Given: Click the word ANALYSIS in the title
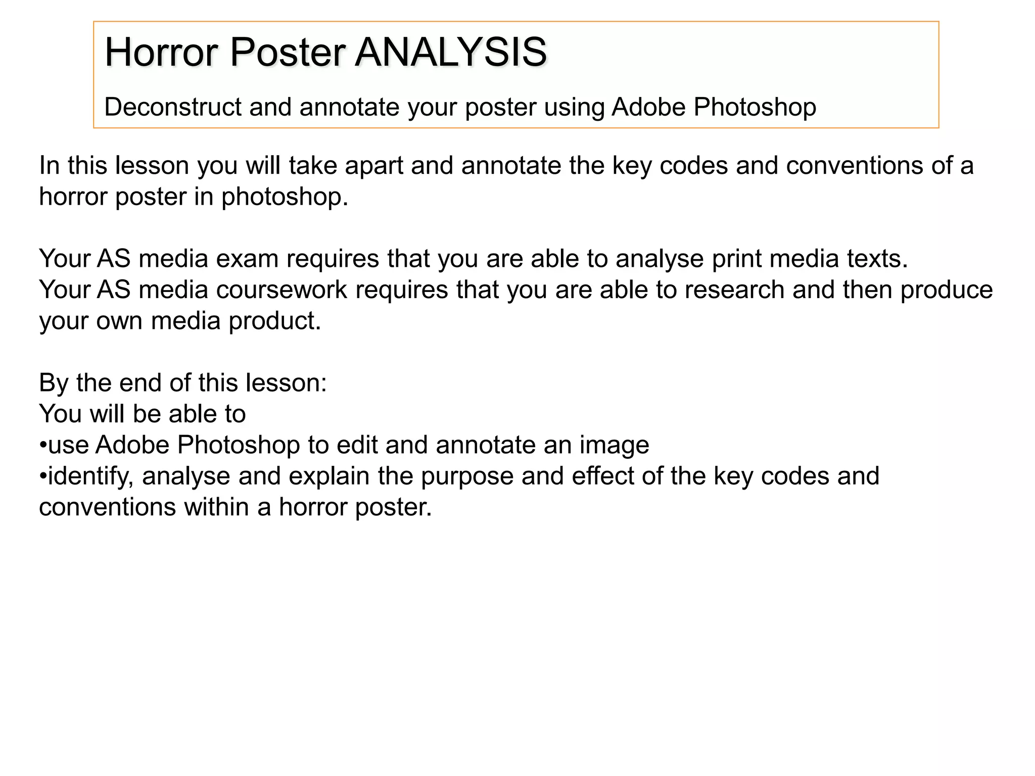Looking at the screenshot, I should click(450, 52).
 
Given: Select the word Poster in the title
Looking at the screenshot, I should click(288, 52).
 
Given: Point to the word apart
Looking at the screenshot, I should click(374, 166).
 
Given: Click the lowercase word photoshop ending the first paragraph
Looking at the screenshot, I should click(285, 197).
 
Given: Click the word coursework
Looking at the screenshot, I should click(281, 290).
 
